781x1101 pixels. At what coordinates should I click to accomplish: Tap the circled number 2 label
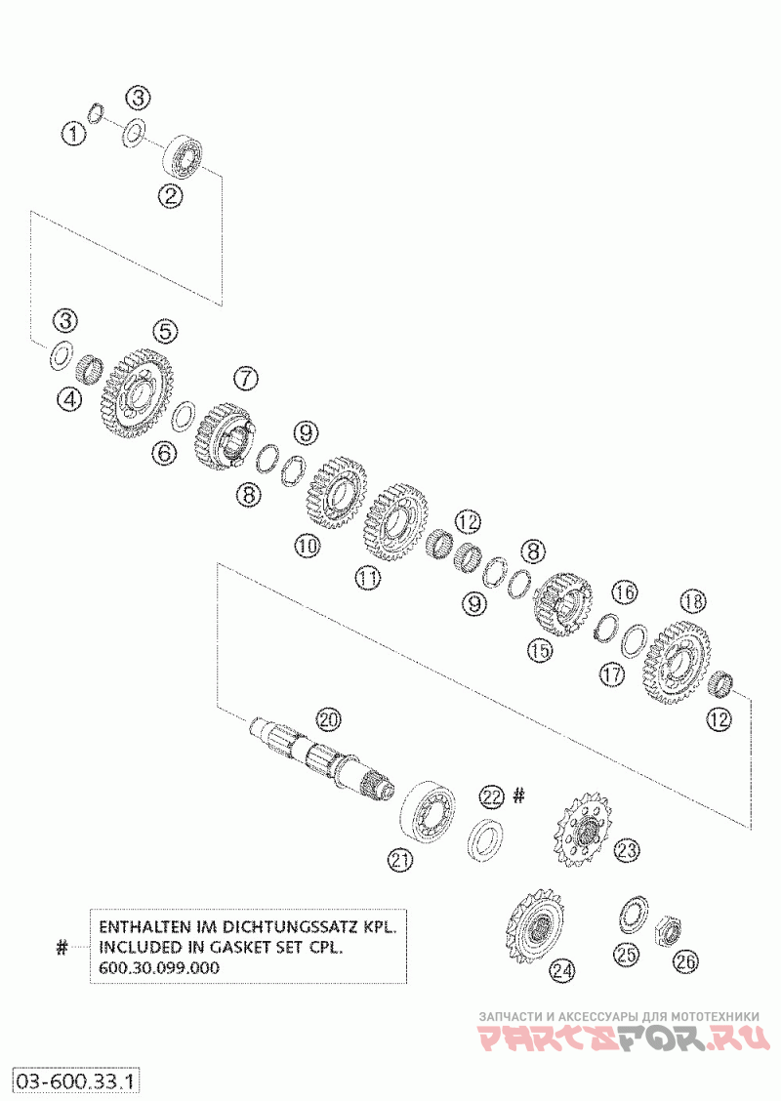coord(172,195)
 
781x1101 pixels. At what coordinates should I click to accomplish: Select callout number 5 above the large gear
coord(165,331)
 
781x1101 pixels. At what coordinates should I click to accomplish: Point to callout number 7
coord(244,377)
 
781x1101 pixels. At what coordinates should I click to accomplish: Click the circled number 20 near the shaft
coord(328,720)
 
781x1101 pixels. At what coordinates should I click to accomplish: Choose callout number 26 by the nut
coord(686,960)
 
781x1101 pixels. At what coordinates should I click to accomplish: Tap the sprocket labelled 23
coord(583,832)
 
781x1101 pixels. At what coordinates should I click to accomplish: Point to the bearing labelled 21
coord(429,808)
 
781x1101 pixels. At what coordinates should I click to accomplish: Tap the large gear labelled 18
coord(677,659)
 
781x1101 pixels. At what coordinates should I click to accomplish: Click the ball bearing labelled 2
coord(185,156)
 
